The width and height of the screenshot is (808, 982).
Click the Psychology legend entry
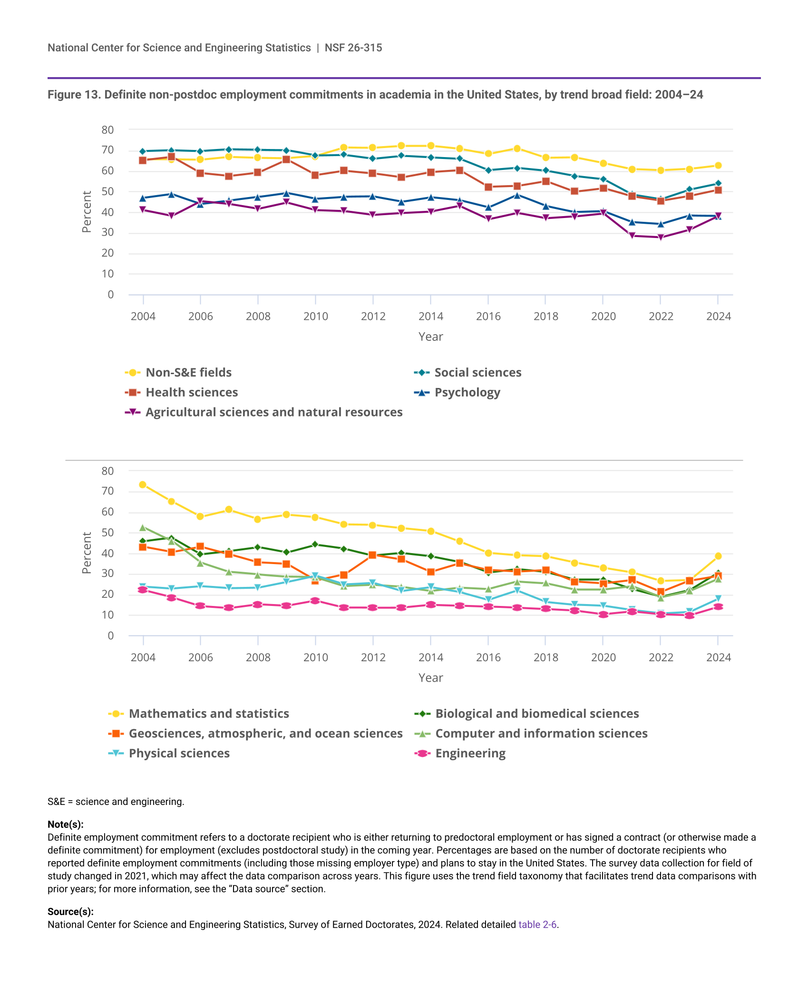click(x=467, y=393)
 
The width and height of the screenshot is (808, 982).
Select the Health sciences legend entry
click(x=191, y=393)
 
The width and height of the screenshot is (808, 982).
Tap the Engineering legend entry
click(x=470, y=754)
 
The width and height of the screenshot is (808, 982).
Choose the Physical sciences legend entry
click(x=179, y=754)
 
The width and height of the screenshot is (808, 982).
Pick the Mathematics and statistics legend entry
click(x=208, y=714)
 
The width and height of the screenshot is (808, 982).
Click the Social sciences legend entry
click(x=477, y=373)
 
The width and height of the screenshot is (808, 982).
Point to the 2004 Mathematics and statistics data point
click(x=143, y=485)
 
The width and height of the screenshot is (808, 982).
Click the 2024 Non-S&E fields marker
click(x=718, y=166)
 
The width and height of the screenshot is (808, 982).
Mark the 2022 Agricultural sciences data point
click(x=661, y=238)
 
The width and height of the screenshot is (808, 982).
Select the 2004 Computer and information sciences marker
click(x=143, y=528)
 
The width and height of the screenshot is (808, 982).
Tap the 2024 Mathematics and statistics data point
click(x=718, y=556)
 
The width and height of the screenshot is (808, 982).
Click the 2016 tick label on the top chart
click(x=488, y=317)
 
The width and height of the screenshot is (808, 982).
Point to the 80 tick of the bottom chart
click(x=108, y=471)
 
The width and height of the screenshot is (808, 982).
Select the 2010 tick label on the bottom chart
click(x=315, y=658)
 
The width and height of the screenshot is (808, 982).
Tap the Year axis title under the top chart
click(x=430, y=337)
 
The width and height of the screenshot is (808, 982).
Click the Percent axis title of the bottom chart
click(x=87, y=553)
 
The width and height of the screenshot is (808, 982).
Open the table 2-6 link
click(x=537, y=924)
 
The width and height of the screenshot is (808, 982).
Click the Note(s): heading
click(x=66, y=824)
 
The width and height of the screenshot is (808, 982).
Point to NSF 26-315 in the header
click(x=353, y=48)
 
